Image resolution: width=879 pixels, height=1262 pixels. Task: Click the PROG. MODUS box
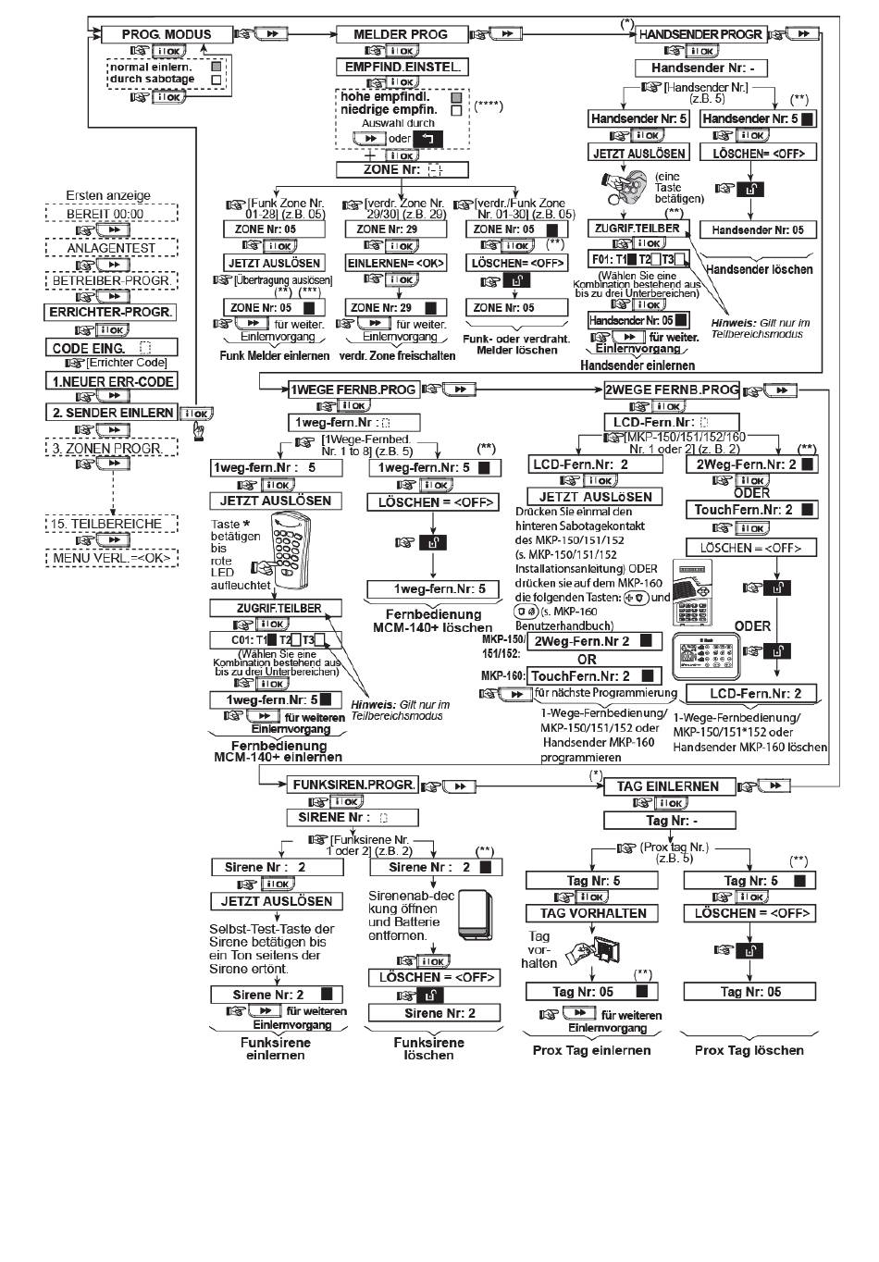tap(167, 34)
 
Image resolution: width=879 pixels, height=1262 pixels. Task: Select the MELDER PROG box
tap(400, 34)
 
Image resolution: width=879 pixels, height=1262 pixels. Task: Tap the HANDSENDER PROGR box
tap(700, 34)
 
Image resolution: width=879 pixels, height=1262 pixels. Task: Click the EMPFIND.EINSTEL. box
tap(402, 68)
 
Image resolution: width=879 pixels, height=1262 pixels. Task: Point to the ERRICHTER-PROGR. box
tap(110, 312)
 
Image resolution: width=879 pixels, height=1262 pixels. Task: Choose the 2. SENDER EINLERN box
tap(111, 413)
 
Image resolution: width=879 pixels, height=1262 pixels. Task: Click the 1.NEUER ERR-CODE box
tap(110, 380)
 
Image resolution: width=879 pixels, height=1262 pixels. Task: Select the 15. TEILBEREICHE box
tap(110, 524)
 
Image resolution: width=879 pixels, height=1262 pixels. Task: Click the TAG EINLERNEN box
tap(668, 786)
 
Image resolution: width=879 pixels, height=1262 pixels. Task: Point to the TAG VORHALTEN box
tap(592, 913)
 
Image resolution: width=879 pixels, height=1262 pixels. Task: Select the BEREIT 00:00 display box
tap(110, 213)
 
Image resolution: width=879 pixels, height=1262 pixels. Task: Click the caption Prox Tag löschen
tap(749, 1050)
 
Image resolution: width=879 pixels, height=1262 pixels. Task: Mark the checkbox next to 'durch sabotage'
tap(216, 80)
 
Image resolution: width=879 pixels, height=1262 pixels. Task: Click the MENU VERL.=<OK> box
tap(110, 558)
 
